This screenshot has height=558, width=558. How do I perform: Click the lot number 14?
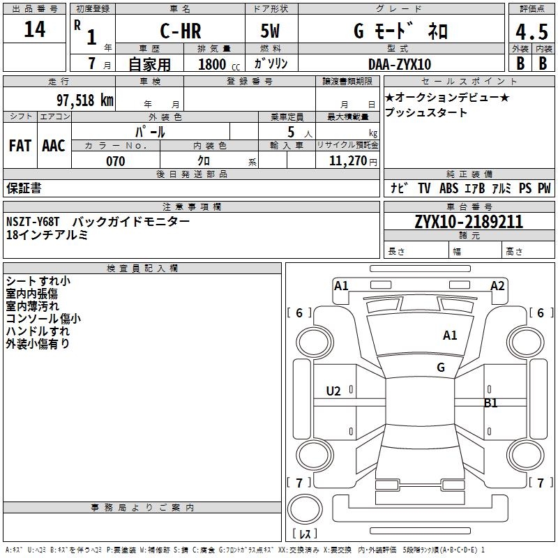[34, 29]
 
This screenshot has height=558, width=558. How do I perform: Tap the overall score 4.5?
[531, 32]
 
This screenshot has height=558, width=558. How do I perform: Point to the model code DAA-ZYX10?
[400, 64]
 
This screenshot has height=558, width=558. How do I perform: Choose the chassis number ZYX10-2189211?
[469, 223]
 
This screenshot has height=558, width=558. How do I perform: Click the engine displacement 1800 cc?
[213, 64]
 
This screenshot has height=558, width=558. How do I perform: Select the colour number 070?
[115, 161]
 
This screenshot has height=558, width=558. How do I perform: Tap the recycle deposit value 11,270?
[347, 161]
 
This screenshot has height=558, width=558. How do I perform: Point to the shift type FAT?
[20, 146]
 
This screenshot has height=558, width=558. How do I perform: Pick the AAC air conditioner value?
[54, 146]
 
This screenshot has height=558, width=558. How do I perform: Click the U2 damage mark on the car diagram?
[333, 391]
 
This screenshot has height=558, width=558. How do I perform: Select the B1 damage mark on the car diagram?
[491, 402]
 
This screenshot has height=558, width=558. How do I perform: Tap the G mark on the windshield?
[441, 368]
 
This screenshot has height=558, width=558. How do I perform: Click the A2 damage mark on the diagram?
[497, 285]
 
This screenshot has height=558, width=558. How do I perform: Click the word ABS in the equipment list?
[449, 188]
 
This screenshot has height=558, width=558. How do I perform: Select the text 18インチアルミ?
[47, 235]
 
